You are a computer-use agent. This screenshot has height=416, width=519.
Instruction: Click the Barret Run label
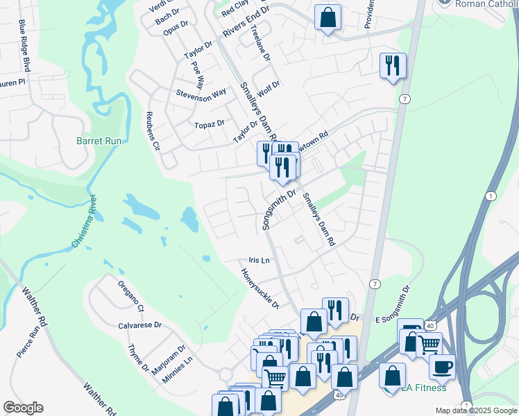click(x=99, y=141)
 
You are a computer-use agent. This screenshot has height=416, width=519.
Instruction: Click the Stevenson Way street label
click(x=201, y=94)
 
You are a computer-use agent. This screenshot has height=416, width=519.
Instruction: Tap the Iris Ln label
click(x=259, y=260)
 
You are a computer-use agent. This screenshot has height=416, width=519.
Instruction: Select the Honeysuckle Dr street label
click(x=260, y=288)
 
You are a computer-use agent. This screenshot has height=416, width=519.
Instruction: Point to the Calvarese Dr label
click(x=139, y=324)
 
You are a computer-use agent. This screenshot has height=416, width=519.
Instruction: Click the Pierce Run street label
click(x=28, y=340)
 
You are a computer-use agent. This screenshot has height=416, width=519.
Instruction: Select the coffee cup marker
click(x=441, y=367)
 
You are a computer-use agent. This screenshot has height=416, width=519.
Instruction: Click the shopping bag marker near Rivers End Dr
click(x=327, y=17)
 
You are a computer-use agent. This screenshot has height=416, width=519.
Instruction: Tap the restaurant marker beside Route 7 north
click(x=393, y=65)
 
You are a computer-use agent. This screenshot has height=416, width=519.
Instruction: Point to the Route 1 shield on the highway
click(x=492, y=196)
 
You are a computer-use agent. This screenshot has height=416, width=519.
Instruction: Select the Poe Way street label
click(x=197, y=71)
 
